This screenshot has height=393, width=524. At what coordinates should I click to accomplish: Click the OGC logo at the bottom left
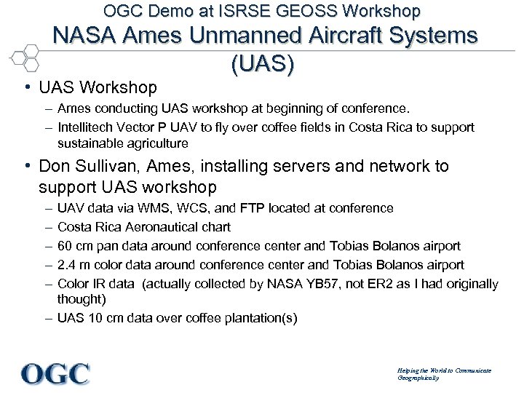pyautogui.click(x=55, y=373)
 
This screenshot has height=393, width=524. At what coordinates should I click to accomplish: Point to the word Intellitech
pyautogui.click(x=87, y=127)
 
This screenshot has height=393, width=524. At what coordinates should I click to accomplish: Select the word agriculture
pyautogui.click(x=156, y=143)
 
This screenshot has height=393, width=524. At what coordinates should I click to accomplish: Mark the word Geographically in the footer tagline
pyautogui.click(x=418, y=378)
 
